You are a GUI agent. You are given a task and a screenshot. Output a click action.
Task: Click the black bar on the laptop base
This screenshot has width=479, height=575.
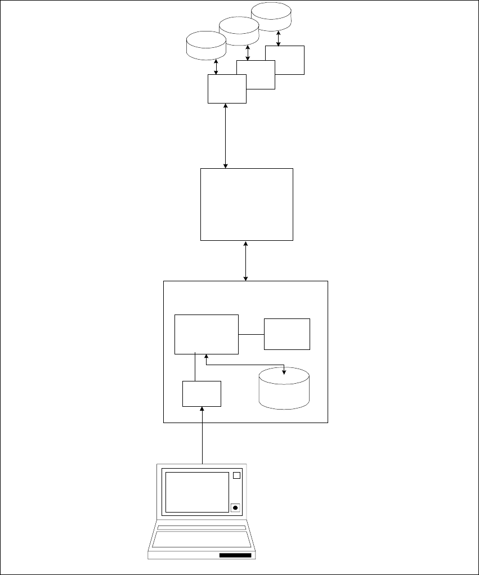point(235,555)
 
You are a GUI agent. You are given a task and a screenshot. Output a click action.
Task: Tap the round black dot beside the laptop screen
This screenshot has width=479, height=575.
point(236,507)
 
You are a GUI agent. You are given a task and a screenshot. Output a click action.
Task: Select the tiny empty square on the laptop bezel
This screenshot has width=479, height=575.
point(236,475)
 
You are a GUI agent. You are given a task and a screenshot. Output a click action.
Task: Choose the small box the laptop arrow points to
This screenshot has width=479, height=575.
point(202,394)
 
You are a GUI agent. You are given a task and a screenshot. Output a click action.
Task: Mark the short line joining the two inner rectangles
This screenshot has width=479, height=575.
point(251,334)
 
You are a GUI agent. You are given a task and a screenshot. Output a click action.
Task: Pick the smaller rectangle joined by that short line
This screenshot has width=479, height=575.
point(287,334)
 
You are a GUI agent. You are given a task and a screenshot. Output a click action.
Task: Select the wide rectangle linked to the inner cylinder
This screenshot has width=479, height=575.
point(207,334)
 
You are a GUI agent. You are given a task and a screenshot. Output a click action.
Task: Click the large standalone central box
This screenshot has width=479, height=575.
point(247,204)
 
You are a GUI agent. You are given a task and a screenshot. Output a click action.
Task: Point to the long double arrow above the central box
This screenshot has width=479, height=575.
point(226,136)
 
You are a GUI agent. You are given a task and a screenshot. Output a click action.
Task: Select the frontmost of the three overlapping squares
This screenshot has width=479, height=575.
point(227,89)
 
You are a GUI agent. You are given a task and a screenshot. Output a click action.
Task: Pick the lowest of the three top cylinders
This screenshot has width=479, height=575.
point(206,46)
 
